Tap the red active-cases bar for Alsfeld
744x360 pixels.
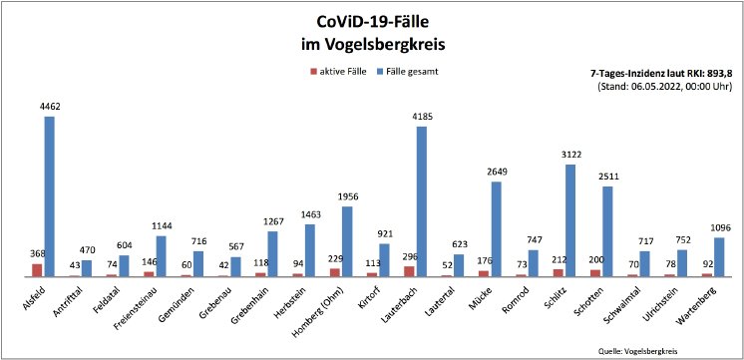click(x=38, y=269)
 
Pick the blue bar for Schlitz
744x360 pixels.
click(x=570, y=220)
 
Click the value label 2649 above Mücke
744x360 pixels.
click(x=496, y=172)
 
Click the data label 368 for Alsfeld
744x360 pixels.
click(x=36, y=253)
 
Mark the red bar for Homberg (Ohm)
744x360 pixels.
click(x=335, y=271)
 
